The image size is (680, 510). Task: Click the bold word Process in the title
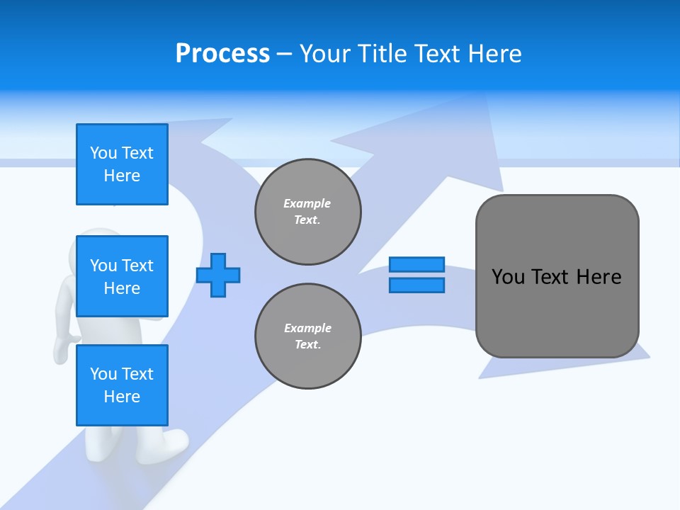coord(222,54)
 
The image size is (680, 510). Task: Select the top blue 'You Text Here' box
coord(122,164)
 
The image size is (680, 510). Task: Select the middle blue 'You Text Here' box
coord(122,276)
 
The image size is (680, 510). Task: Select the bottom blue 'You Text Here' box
coord(122,385)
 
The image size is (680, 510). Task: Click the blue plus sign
coord(218,275)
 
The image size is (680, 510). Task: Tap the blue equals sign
coord(416,275)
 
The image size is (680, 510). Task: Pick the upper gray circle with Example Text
coord(308,212)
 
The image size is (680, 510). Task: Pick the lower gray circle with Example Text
coord(308,336)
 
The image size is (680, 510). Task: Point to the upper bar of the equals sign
coord(416,264)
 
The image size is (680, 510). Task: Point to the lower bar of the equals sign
coord(416,285)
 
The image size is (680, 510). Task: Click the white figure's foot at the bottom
coord(170,443)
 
